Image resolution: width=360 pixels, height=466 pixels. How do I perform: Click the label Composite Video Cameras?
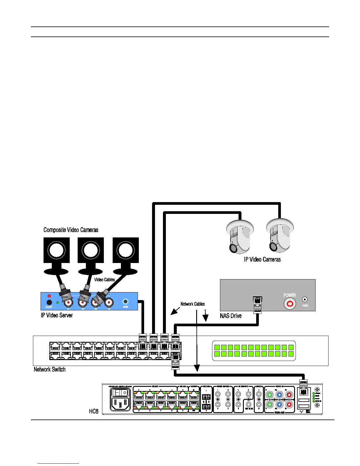click(x=71, y=230)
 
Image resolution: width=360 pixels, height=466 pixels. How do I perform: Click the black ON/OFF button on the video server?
click(x=49, y=302)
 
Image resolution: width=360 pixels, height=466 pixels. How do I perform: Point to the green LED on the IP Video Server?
click(x=58, y=302)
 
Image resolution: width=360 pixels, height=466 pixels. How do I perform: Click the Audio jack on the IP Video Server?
click(x=126, y=302)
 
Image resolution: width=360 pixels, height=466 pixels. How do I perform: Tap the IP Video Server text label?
click(x=57, y=315)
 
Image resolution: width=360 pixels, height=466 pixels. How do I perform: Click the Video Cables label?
click(x=104, y=279)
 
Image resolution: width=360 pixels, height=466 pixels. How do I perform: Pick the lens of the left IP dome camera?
click(x=233, y=248)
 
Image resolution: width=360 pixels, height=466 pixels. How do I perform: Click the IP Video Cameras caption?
click(x=262, y=259)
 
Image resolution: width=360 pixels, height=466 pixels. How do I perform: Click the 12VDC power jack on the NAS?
click(x=305, y=300)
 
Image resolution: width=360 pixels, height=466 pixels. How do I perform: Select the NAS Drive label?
click(x=231, y=316)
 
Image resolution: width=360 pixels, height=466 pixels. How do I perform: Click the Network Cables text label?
click(x=193, y=304)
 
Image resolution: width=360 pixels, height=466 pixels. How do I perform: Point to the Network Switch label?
click(x=50, y=370)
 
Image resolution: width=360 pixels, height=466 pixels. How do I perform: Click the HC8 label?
click(x=94, y=411)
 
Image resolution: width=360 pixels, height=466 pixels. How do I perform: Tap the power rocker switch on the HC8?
click(x=120, y=392)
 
